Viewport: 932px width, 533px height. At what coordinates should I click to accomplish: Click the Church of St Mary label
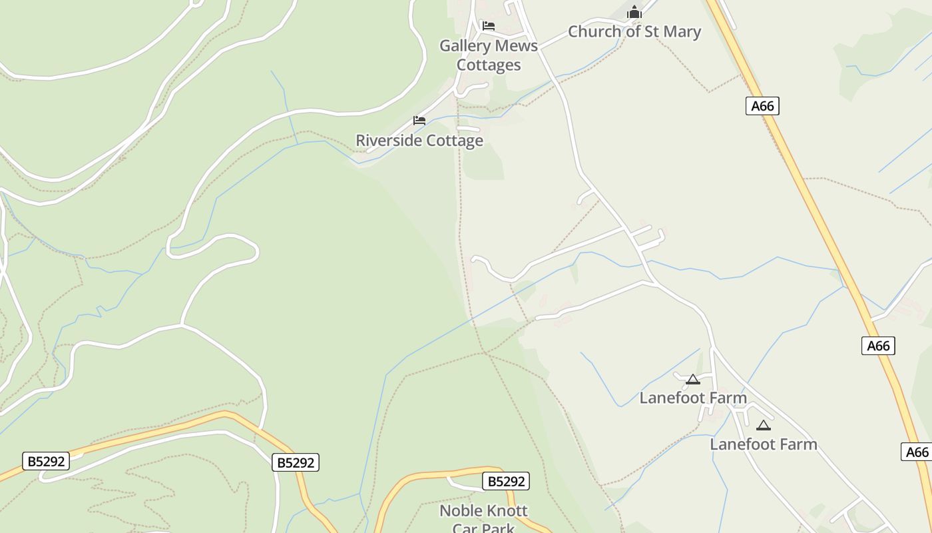634,31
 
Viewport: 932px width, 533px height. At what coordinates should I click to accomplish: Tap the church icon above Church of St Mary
634,13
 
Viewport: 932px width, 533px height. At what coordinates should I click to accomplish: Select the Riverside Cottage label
419,141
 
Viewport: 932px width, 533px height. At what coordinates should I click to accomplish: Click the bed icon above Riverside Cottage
419,121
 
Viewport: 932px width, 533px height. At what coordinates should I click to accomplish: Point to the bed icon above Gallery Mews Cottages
488,26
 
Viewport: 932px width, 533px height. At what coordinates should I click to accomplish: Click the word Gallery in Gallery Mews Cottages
463,46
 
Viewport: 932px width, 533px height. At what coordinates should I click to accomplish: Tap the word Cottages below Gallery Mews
488,65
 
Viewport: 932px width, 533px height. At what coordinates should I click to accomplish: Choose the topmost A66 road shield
762,106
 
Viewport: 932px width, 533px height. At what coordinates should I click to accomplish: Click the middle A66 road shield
878,346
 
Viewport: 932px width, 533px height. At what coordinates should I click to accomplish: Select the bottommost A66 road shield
917,452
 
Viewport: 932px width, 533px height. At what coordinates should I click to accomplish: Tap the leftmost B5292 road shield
46,461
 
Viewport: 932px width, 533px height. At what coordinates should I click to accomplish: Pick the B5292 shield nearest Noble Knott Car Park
505,481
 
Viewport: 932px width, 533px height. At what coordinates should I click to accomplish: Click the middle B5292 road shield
296,462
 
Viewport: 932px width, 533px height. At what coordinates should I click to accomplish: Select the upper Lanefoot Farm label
693,398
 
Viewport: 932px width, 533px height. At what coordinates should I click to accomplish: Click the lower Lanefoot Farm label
763,444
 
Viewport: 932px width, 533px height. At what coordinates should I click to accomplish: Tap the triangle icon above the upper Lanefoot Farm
692,380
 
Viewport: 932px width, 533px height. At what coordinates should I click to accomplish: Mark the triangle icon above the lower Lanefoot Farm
763,425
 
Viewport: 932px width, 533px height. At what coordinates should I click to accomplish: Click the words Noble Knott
483,511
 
